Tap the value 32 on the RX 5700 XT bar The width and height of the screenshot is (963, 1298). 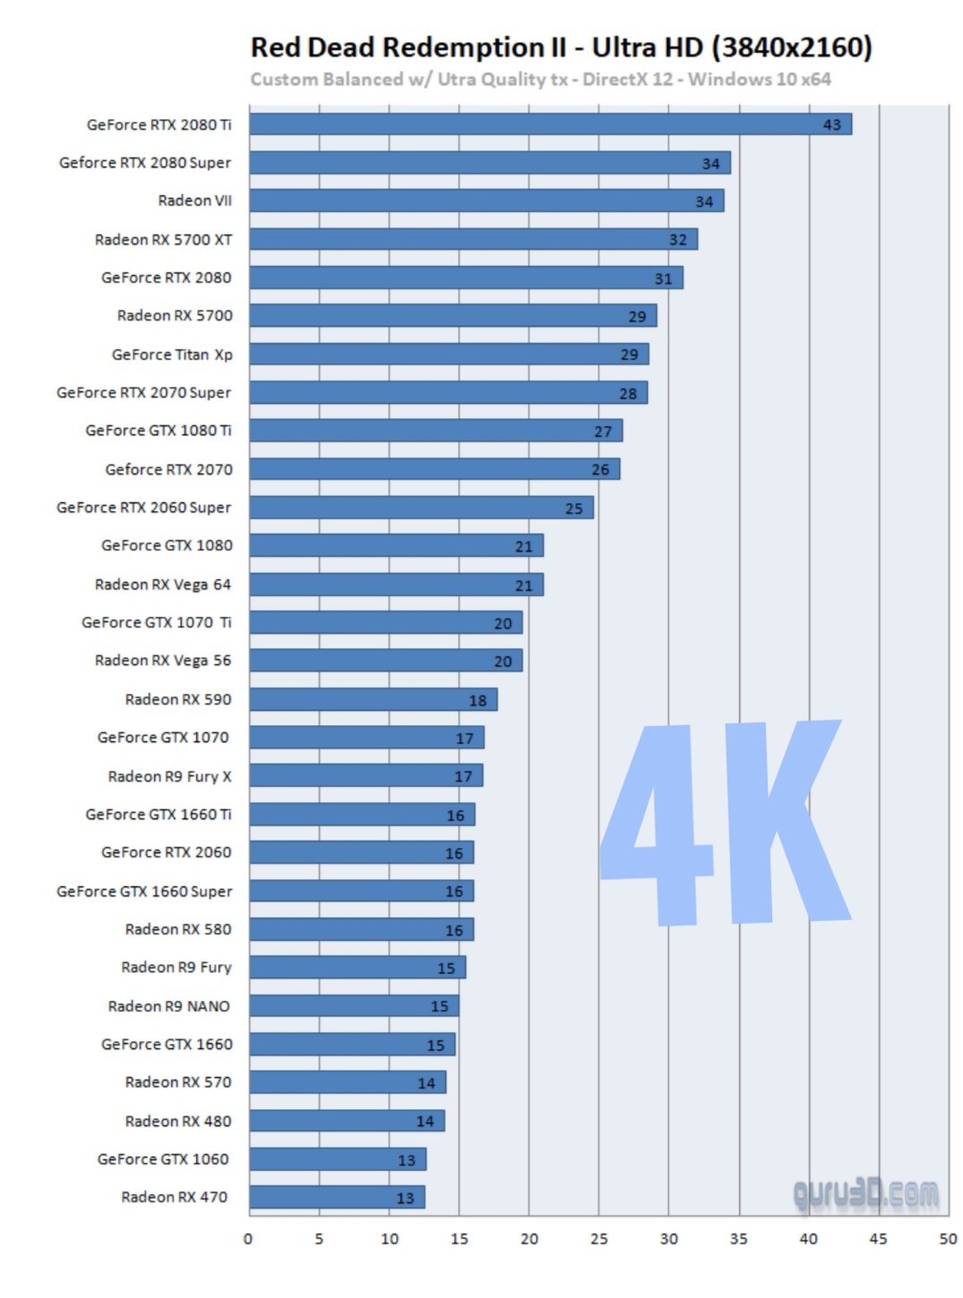(x=678, y=240)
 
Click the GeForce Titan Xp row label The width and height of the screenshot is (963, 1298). (x=172, y=354)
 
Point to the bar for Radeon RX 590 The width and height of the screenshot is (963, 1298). (x=372, y=699)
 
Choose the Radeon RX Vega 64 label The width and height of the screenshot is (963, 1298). (x=163, y=585)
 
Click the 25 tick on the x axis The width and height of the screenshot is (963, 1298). (x=598, y=1239)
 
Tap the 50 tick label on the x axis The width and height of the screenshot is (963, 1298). (x=948, y=1239)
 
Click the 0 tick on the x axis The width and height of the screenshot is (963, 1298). (x=248, y=1239)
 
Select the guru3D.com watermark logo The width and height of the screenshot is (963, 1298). (x=865, y=1194)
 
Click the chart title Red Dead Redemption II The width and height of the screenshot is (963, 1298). (x=408, y=47)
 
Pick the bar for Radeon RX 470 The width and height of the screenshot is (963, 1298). (x=336, y=1197)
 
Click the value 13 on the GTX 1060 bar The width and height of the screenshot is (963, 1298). (x=407, y=1160)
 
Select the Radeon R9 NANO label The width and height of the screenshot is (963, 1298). (x=169, y=1006)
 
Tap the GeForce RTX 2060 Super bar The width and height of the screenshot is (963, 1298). (x=421, y=508)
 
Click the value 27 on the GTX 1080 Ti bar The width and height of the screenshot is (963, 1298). (x=603, y=431)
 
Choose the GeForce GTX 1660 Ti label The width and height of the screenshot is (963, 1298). (x=159, y=815)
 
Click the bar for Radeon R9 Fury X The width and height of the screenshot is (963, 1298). (x=365, y=775)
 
